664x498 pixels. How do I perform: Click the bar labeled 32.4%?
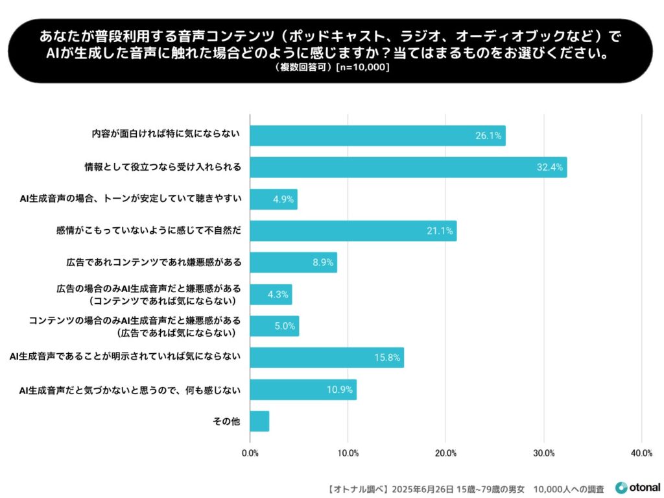pyautogui.click(x=408, y=168)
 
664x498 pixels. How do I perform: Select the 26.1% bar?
pyautogui.click(x=377, y=136)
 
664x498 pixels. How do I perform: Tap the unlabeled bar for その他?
pyautogui.click(x=259, y=421)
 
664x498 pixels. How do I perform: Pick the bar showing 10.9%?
pyautogui.click(x=303, y=390)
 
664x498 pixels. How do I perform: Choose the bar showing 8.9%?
pyautogui.click(x=293, y=262)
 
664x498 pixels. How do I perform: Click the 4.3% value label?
pyautogui.click(x=278, y=295)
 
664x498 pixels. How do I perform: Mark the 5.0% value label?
pyautogui.click(x=285, y=326)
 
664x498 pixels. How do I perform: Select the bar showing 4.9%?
pyautogui.click(x=274, y=199)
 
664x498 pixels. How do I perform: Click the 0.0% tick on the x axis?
pyautogui.click(x=250, y=453)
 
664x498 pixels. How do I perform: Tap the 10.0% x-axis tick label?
pyautogui.click(x=348, y=453)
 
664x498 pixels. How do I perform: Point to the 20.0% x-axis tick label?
pyautogui.click(x=445, y=453)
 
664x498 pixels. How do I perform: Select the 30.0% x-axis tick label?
pyautogui.click(x=543, y=453)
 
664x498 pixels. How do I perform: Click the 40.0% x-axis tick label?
pyautogui.click(x=641, y=453)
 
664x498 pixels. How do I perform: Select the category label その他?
pyautogui.click(x=227, y=421)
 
